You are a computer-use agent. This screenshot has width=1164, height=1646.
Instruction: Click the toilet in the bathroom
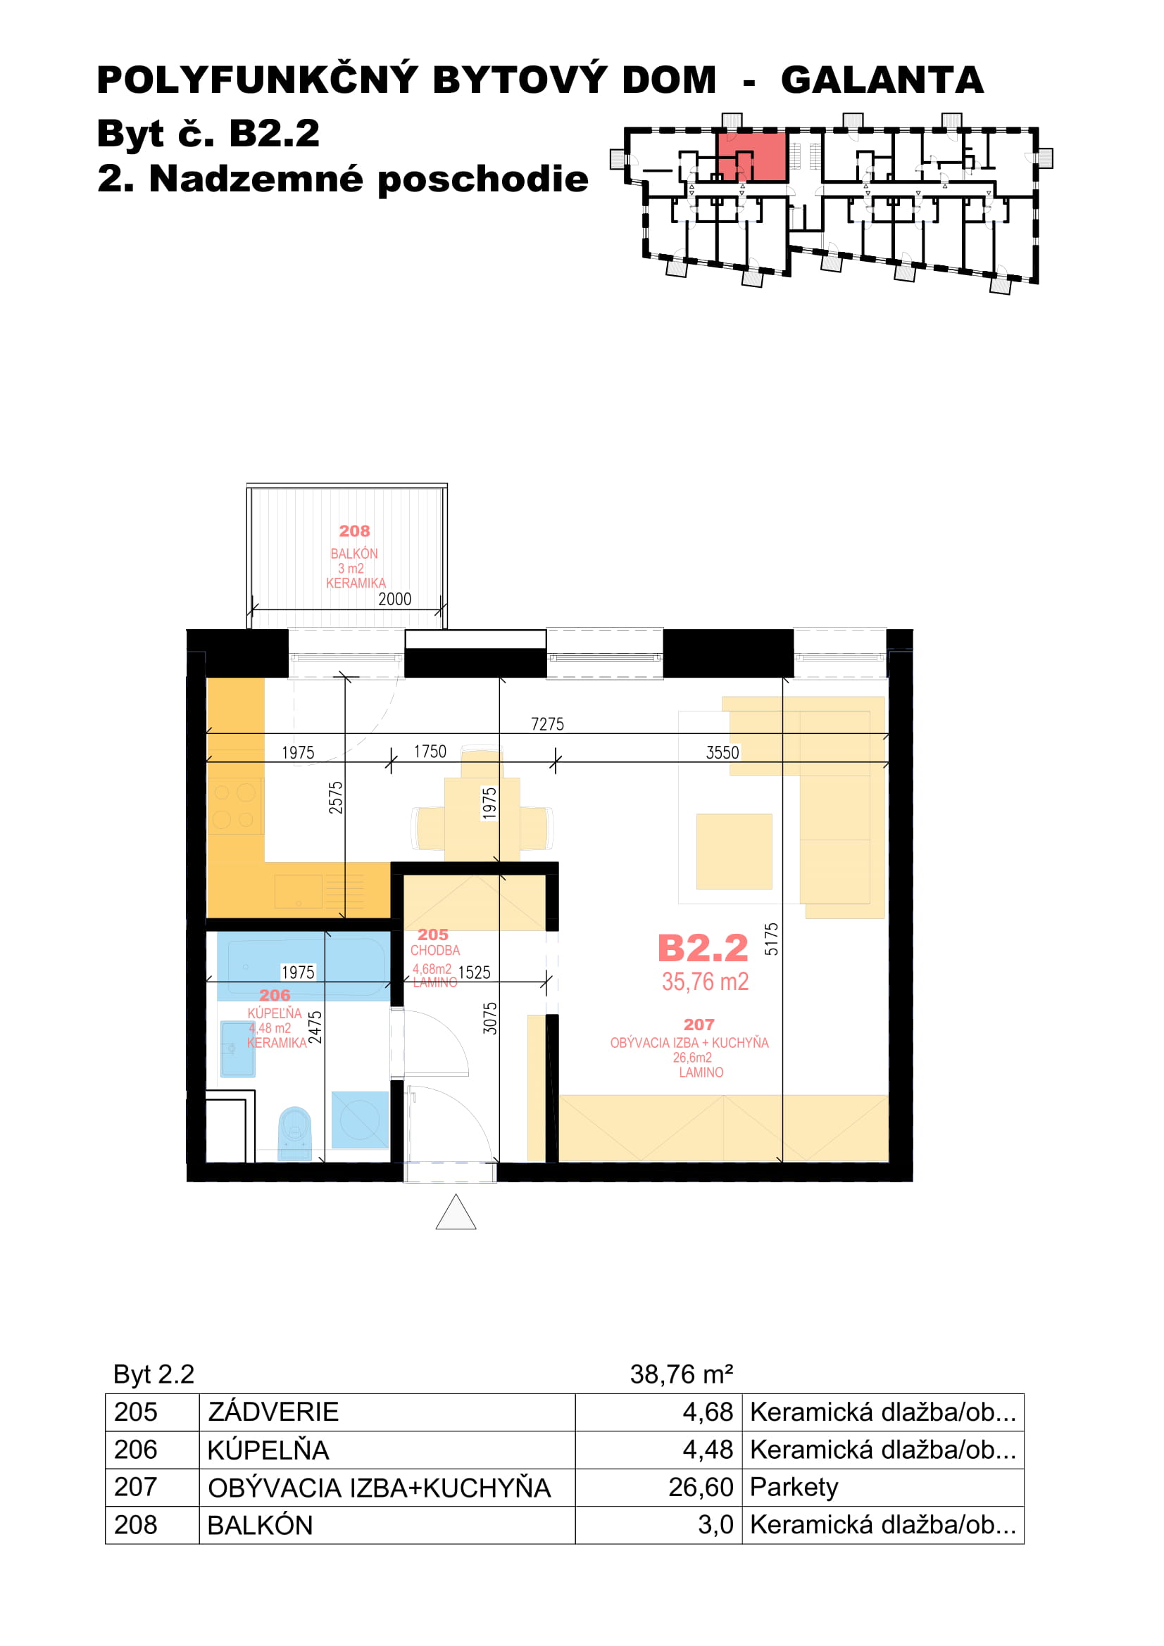click(295, 1133)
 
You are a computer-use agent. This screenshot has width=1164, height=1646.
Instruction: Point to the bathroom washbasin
click(238, 1049)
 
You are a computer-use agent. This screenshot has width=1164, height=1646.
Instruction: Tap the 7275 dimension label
click(547, 724)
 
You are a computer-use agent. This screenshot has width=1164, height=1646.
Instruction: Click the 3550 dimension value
click(722, 753)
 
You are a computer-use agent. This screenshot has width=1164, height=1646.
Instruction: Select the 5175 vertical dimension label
click(771, 939)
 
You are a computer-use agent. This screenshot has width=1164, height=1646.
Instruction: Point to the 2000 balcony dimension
click(394, 600)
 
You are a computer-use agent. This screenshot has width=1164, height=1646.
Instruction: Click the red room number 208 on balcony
click(354, 531)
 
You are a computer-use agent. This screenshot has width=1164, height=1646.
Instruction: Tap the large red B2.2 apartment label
click(703, 949)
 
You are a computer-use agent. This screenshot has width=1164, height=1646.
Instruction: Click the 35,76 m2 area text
click(705, 982)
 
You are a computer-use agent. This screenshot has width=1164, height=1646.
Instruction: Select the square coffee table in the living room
click(734, 851)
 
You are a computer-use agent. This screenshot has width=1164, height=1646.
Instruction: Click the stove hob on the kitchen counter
click(235, 806)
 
